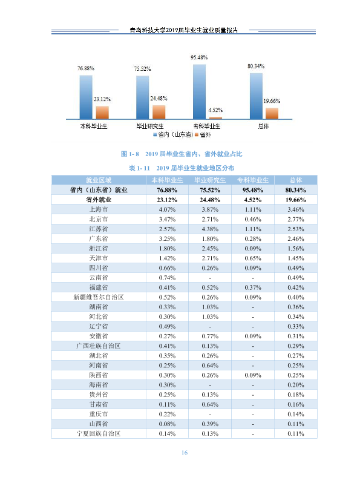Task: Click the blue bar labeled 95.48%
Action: coord(199,92)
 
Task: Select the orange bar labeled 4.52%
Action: coord(215,118)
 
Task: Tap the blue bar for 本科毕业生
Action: coord(86,97)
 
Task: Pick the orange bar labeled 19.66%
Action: coord(272,114)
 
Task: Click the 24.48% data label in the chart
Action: coord(159,99)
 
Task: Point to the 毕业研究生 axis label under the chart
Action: coord(150,126)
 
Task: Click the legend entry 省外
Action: coord(203,135)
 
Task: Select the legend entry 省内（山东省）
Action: coord(173,135)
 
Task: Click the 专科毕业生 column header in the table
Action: coord(253,180)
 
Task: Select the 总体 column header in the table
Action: coord(296,180)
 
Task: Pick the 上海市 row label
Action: coord(99,209)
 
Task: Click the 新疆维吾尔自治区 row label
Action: coord(99,297)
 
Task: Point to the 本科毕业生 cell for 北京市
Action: coord(167,219)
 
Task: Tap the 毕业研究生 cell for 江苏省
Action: coord(210,229)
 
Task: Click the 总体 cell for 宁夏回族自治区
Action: coord(296,433)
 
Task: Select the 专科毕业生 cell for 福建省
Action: coord(253,287)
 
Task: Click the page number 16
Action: coord(185,453)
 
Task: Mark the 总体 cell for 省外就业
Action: coord(296,200)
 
